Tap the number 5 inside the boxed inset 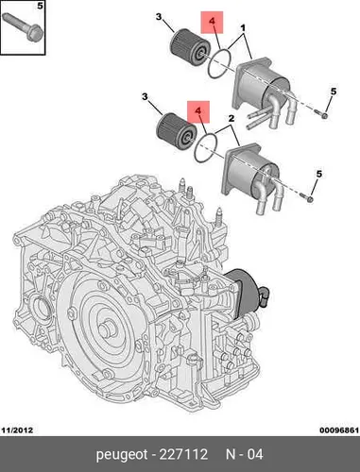(x=40, y=6)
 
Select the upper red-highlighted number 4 (x=212, y=22)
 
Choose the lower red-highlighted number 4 (x=198, y=110)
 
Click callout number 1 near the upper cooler (x=243, y=28)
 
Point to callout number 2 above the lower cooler (x=231, y=118)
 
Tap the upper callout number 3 (x=159, y=16)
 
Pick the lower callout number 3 (x=145, y=96)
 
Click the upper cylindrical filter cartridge (x=190, y=48)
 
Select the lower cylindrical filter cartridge (x=177, y=132)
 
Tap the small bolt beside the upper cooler (x=321, y=114)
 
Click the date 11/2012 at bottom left (x=17, y=430)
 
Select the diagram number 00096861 (x=339, y=430)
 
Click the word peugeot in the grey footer (x=122, y=455)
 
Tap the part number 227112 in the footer (x=183, y=454)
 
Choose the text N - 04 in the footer (x=245, y=454)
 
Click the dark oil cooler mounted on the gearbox (x=248, y=291)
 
